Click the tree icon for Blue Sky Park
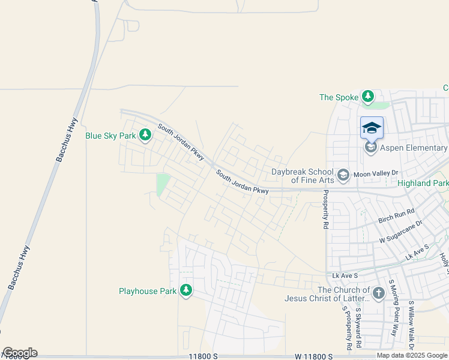coord(145,136)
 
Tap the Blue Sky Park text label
coord(110,136)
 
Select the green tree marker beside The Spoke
coord(368,97)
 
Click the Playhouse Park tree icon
coord(186,291)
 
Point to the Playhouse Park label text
coord(147,292)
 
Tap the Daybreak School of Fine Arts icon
coord(343,175)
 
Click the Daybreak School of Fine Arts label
coord(303,176)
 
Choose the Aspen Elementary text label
coord(414,148)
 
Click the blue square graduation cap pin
coord(372,127)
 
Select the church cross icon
coord(378,293)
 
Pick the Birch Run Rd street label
coord(396,216)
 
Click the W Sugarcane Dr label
coord(400,231)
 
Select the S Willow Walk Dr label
coord(411,325)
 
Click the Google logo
coord(20,353)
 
